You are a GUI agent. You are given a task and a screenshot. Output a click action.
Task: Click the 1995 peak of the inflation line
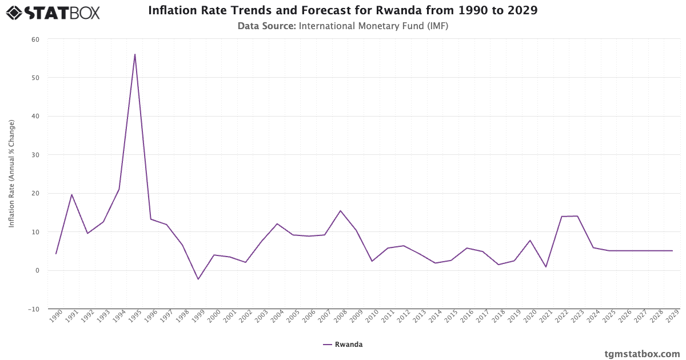(x=135, y=54)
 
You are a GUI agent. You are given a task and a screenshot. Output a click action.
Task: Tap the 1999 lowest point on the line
(x=198, y=279)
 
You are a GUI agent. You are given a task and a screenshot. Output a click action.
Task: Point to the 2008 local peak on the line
(x=341, y=211)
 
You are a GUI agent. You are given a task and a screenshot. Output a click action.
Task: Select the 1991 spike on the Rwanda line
(x=71, y=194)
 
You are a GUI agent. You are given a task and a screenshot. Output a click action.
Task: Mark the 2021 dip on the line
(x=546, y=267)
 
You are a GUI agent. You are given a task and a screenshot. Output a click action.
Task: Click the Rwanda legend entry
(x=343, y=345)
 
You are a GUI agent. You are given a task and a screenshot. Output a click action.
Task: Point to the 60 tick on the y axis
(x=35, y=39)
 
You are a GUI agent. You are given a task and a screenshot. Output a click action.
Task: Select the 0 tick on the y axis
(x=37, y=270)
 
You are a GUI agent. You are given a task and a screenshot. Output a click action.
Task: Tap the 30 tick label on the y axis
(x=35, y=155)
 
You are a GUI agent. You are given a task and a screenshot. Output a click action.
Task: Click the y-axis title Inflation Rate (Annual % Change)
(x=11, y=174)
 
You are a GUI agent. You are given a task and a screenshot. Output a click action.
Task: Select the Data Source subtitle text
(x=343, y=26)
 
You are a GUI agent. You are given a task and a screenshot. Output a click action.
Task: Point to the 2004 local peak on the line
(x=277, y=223)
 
